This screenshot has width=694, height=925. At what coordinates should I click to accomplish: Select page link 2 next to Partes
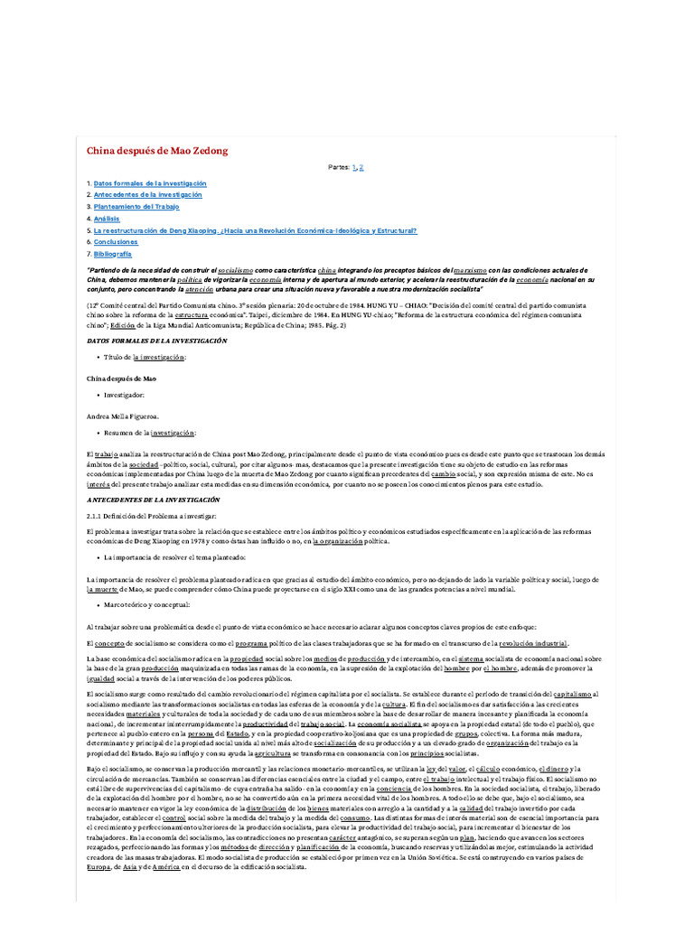click(x=361, y=168)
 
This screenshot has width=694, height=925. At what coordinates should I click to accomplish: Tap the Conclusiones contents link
click(x=116, y=242)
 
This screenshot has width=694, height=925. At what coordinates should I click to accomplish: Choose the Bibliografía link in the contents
click(x=112, y=254)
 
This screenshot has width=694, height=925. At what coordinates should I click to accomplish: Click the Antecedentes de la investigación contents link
click(x=147, y=194)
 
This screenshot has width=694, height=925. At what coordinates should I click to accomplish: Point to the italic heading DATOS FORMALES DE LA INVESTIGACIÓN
click(x=156, y=341)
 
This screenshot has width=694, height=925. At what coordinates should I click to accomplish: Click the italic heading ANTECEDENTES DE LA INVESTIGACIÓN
click(x=153, y=500)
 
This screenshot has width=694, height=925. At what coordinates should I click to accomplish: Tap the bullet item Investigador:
click(x=124, y=396)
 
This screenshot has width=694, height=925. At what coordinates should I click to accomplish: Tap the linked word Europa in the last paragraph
click(x=98, y=865)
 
